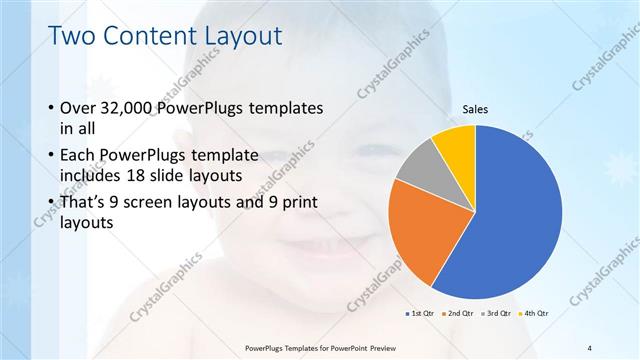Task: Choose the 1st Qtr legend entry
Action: pyautogui.click(x=419, y=313)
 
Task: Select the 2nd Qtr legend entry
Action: pyautogui.click(x=458, y=313)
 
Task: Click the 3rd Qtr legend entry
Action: pyautogui.click(x=497, y=313)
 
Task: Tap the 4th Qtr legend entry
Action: pyautogui.click(x=535, y=313)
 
